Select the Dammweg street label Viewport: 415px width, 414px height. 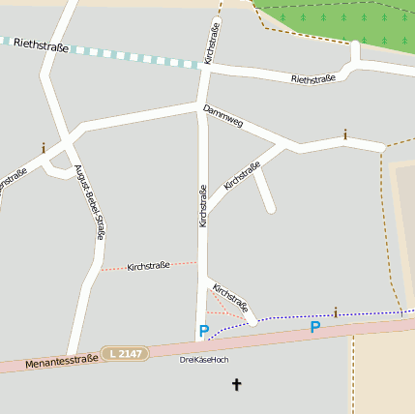[x=223, y=119]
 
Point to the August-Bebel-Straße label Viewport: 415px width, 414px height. [x=94, y=202]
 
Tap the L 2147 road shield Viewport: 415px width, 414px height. [x=126, y=353]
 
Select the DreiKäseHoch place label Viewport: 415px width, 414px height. [x=204, y=360]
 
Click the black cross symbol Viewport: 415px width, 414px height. [x=236, y=385]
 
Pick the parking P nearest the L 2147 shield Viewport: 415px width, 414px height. [x=203, y=331]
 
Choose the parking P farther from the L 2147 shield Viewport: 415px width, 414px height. [x=314, y=327]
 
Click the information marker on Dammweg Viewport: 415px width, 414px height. [x=345, y=134]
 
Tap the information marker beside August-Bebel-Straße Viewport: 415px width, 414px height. [x=44, y=148]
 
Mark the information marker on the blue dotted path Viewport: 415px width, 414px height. [x=336, y=311]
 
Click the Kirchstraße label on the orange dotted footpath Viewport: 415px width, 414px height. [x=149, y=266]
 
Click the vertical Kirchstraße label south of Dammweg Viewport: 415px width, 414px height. [x=202, y=206]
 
